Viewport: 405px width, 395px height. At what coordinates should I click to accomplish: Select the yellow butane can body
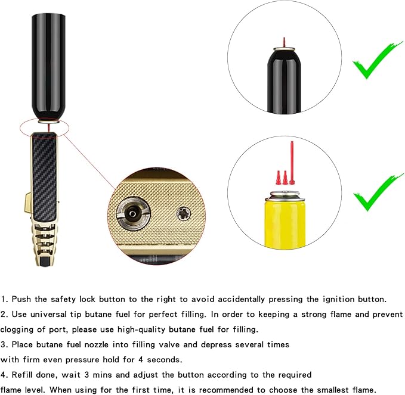click(x=285, y=223)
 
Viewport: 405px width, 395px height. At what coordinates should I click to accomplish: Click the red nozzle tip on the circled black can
click(x=285, y=41)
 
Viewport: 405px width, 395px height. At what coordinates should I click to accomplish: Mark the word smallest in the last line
click(x=318, y=390)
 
